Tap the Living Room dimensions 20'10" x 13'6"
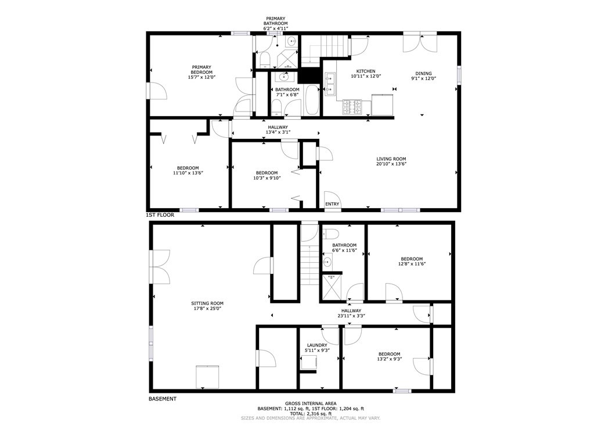391,164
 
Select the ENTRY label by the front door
332,204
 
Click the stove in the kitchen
353,108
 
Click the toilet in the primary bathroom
265,60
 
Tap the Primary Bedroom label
201,70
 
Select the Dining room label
423,73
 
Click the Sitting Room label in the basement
207,303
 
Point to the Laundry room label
317,345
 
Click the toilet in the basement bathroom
330,233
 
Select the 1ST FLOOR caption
160,215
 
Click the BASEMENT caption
163,399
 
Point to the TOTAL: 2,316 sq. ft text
311,413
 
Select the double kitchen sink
330,84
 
